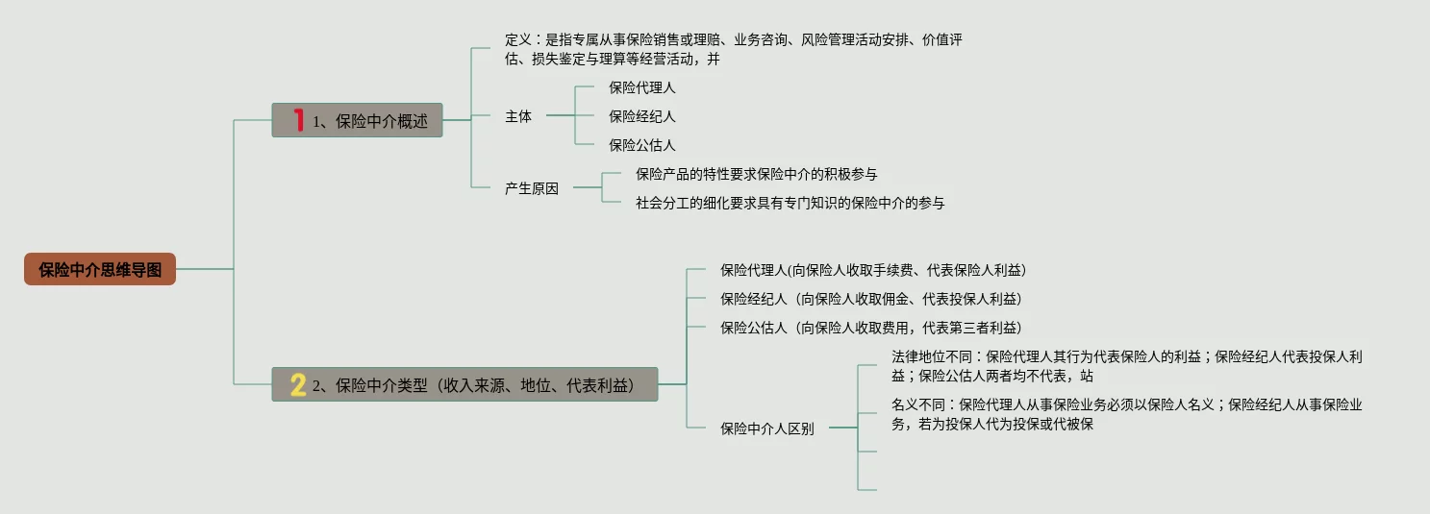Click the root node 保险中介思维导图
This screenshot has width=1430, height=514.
(x=100, y=270)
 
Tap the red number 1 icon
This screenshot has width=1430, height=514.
(x=298, y=121)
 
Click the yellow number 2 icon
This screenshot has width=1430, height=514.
(x=298, y=385)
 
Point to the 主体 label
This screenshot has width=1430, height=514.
(x=518, y=116)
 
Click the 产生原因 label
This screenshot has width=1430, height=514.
(x=532, y=188)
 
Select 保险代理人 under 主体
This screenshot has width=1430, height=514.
(x=642, y=87)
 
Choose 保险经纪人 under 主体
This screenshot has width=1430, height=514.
(x=642, y=116)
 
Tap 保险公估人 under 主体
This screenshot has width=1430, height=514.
(x=642, y=145)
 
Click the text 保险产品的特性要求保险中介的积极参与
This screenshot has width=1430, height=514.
(x=756, y=174)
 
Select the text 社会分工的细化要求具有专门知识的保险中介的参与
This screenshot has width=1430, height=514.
(x=790, y=203)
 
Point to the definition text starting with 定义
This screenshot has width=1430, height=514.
(x=734, y=49)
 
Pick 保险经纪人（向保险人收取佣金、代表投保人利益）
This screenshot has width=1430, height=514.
(x=871, y=299)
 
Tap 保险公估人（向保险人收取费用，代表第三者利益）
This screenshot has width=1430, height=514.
(x=871, y=328)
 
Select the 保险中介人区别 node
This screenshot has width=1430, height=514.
(x=767, y=428)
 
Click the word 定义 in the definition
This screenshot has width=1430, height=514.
(x=518, y=40)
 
